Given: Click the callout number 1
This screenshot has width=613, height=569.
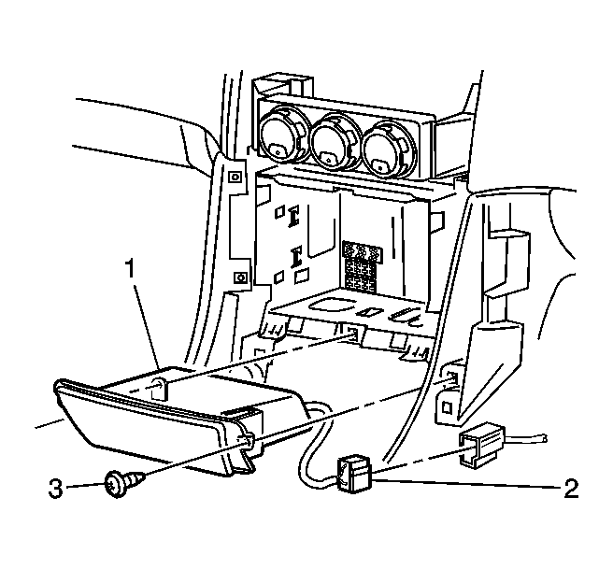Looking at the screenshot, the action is click(x=130, y=269).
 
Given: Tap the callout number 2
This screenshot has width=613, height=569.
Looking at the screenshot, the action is click(x=571, y=489).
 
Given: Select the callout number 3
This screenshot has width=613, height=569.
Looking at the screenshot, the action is click(x=55, y=489).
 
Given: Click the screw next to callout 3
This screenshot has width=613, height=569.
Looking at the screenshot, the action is click(x=124, y=483).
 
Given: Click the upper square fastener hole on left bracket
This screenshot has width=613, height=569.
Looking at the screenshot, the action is click(x=235, y=177).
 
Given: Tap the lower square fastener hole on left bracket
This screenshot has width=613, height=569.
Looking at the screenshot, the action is click(x=240, y=277).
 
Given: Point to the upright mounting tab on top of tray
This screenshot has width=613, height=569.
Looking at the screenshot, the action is click(x=160, y=388).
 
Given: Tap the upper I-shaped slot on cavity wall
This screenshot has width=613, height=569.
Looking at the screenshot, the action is click(x=293, y=216).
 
